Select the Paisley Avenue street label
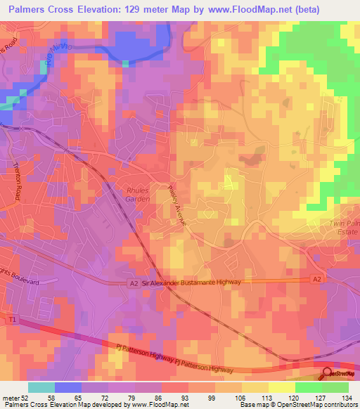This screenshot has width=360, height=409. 176,205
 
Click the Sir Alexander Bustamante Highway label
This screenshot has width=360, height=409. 191,282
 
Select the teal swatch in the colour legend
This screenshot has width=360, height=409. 41,387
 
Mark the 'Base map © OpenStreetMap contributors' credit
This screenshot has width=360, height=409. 297,405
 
